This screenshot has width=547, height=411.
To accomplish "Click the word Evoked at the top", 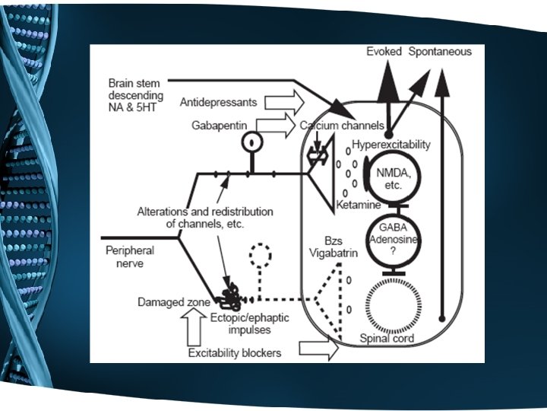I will pyautogui.click(x=384, y=52).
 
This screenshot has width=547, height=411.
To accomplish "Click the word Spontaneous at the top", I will pyautogui.click(x=440, y=52).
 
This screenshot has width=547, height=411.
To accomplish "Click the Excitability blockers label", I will pyautogui.click(x=235, y=352).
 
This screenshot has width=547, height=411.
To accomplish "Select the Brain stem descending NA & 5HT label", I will pyautogui.click(x=136, y=95).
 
